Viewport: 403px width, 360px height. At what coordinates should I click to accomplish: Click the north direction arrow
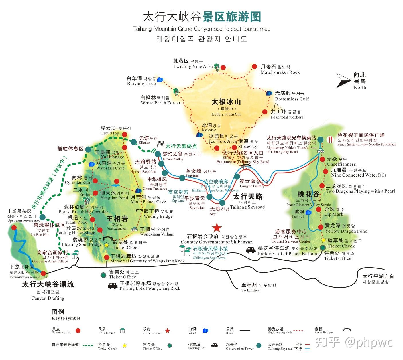coord(344,80)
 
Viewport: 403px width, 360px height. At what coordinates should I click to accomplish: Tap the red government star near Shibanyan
coord(217,228)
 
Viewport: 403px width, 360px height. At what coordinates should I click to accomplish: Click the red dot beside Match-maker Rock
coord(254,67)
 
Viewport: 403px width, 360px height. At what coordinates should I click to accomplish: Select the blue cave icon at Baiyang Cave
coord(160,79)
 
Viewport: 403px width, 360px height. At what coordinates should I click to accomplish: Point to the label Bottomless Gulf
coord(292,99)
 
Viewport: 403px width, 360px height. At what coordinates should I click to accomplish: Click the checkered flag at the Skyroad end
coord(160,144)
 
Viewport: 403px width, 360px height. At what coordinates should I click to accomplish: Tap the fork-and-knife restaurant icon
coord(331,139)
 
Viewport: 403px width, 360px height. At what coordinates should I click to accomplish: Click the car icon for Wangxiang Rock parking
coord(113,286)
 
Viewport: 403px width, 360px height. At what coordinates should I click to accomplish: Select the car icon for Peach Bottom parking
coord(251,250)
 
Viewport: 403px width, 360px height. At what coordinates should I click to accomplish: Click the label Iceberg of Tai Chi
coord(226,114)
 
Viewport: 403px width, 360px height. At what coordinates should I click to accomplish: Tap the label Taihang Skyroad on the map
coord(247,207)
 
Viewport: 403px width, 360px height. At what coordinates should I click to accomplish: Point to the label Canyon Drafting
coord(48,298)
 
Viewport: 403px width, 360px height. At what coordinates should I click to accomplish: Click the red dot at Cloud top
coord(124,134)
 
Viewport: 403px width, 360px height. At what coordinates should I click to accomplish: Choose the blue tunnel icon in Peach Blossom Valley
coord(308,212)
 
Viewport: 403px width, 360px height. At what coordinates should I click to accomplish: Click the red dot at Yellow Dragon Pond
coord(321,227)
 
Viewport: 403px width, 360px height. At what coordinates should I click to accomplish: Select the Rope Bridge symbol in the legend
coord(347,330)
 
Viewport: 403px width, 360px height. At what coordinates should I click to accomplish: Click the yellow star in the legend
coord(124,346)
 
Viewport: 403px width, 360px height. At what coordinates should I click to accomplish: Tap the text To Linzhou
coord(251,290)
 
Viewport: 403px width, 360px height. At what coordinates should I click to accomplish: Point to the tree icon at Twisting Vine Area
coord(217,66)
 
